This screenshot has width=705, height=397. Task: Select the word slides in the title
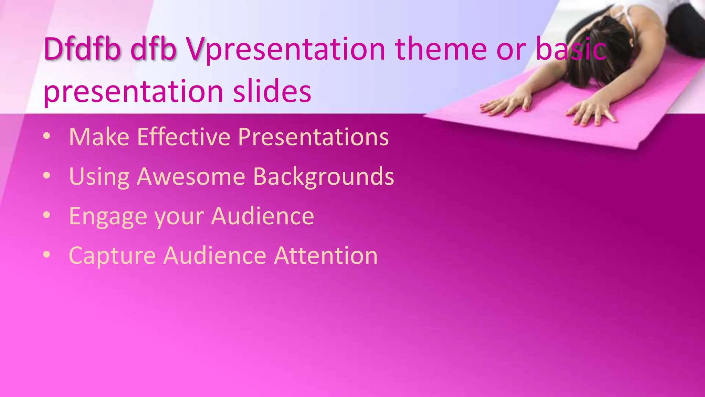coord(272,91)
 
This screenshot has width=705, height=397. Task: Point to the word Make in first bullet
coord(99,137)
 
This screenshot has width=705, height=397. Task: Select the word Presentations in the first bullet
coord(313,137)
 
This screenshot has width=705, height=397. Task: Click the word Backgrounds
coord(324,177)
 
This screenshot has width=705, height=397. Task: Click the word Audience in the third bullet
coord(263,216)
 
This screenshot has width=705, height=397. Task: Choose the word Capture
coord(112,256)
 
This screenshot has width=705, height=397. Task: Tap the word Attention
coord(326,256)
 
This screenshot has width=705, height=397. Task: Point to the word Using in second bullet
coord(99,177)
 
